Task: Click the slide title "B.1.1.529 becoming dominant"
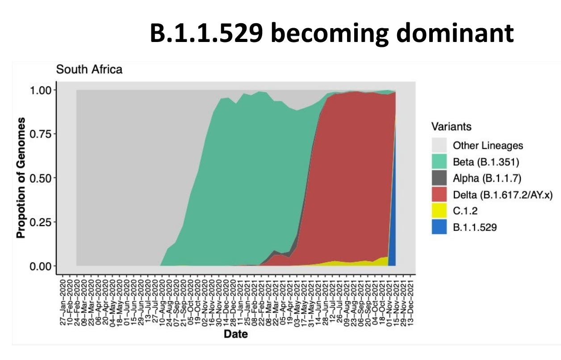coord(331,33)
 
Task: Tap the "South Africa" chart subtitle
coord(89,70)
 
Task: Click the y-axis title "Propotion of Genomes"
coord(21,178)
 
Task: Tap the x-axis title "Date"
coord(235,334)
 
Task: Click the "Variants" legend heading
coord(451,127)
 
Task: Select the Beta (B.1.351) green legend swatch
coord(440,162)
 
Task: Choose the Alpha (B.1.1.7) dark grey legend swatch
coord(440,178)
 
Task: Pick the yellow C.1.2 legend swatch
coord(440,211)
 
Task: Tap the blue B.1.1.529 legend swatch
coord(440,227)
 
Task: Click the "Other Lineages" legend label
coord(488,145)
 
